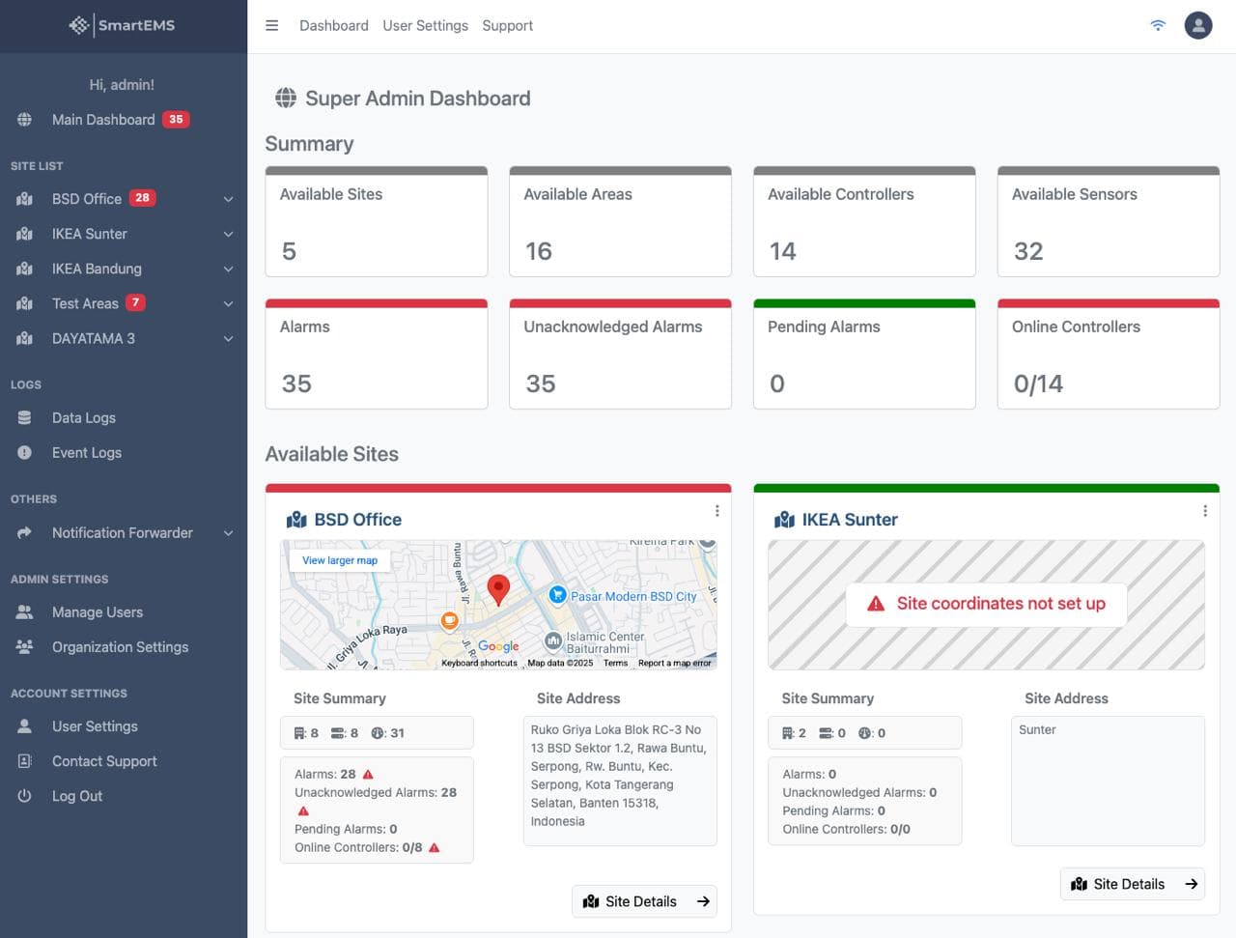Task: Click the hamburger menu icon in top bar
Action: pos(272,26)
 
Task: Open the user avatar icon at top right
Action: pos(1197,26)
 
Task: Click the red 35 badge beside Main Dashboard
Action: pos(176,120)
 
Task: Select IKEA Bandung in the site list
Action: pos(97,269)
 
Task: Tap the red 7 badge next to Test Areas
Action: pos(135,303)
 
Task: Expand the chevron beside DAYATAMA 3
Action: pos(229,339)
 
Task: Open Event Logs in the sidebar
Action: pos(86,453)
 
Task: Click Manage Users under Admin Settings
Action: pos(97,612)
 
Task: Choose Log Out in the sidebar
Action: pos(76,796)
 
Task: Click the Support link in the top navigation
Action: pos(507,26)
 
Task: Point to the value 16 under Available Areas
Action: pos(538,252)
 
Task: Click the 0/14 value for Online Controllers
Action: pos(1038,384)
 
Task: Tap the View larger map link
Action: pos(340,560)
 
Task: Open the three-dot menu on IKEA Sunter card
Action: pos(1204,511)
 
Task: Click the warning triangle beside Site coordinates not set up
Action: pos(876,604)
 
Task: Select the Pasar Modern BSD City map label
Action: pos(632,597)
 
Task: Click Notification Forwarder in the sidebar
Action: pos(122,533)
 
